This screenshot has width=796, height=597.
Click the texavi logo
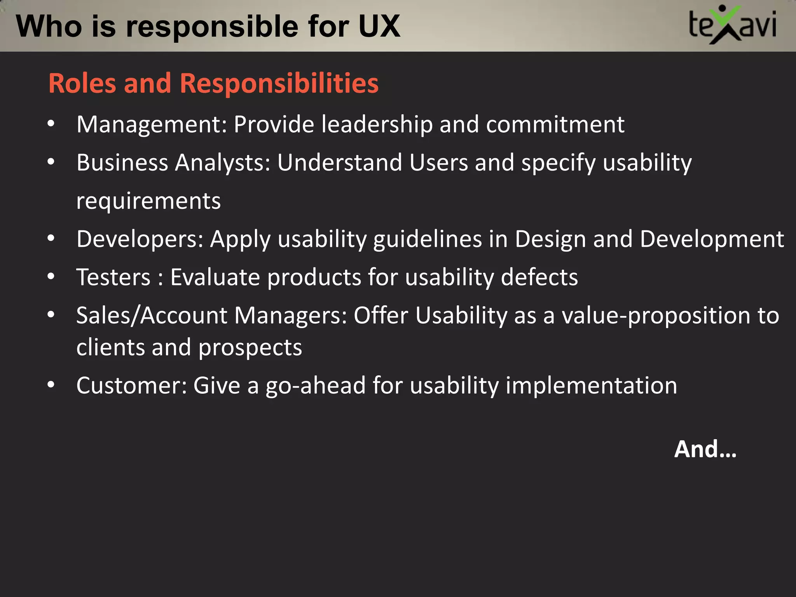pos(732,25)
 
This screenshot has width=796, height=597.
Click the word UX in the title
pos(379,26)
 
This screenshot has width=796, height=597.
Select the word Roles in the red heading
pos(82,83)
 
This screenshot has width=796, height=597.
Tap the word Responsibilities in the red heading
pos(279,83)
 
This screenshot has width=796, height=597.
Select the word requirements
pos(148,201)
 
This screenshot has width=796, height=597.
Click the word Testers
pos(113,278)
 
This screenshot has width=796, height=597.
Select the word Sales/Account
pos(152,315)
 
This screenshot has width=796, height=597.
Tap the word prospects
pos(250,347)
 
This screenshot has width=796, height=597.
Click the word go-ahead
pos(315,386)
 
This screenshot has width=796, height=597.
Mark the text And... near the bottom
pos(705,449)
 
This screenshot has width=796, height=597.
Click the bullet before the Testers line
pos(51,277)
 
